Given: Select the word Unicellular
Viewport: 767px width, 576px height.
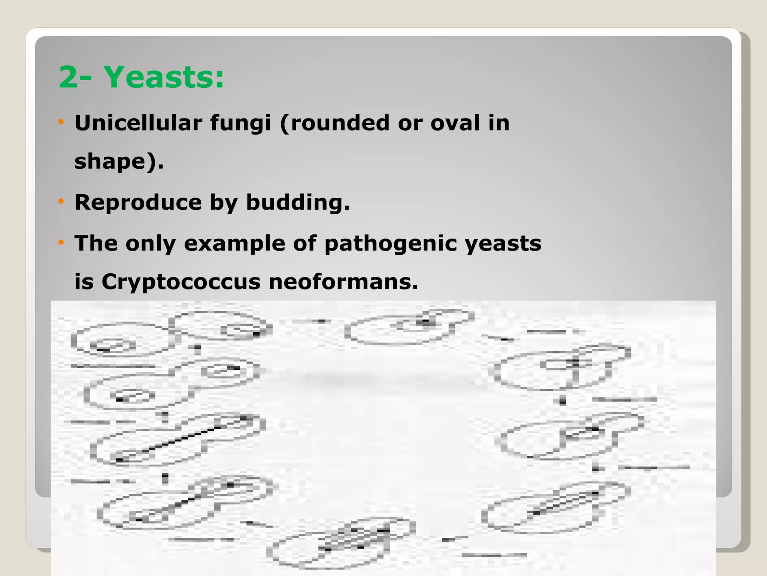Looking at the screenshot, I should coord(139,123).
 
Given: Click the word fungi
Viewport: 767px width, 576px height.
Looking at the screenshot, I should coord(240,123).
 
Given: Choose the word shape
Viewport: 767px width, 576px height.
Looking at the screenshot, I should coord(110,162).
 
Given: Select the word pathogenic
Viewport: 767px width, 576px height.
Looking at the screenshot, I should coord(391,244).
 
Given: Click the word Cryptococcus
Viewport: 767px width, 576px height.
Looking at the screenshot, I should coord(181,282).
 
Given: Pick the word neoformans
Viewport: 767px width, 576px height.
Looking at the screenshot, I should coord(343,282).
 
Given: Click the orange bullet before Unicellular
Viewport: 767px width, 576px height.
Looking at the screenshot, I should coord(61,121).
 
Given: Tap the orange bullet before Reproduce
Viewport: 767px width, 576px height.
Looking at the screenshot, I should coord(61,201).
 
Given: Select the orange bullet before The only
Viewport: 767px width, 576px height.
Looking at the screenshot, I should coord(61,242).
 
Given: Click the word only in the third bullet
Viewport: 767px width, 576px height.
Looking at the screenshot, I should coord(151,244).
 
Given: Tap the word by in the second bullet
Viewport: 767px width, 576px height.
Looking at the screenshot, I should coord(224,203).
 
